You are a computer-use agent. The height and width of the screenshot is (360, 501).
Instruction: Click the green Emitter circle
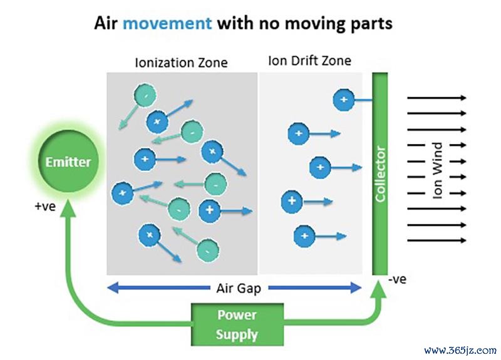[x=68, y=162]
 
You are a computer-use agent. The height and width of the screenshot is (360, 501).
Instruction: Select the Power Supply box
[x=237, y=324]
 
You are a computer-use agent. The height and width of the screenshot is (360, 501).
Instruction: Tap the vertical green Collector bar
[x=380, y=174]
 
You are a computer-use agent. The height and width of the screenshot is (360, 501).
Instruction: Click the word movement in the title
[x=167, y=23]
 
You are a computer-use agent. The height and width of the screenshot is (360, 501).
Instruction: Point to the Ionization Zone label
[x=181, y=63]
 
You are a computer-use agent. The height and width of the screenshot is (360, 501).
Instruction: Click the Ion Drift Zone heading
[x=309, y=61]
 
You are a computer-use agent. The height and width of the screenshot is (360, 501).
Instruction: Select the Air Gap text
[x=239, y=289]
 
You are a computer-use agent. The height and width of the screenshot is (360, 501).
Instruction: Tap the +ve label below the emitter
[x=45, y=207]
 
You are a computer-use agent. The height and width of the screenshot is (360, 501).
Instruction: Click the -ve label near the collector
[x=398, y=279]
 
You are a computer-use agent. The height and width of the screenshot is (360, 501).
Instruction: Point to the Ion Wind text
[x=437, y=170]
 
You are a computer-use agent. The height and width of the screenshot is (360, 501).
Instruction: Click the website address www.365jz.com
[x=460, y=351]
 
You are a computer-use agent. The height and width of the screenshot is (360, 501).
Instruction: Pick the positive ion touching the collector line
[x=344, y=100]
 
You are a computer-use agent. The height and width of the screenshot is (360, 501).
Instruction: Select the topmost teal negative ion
[x=145, y=95]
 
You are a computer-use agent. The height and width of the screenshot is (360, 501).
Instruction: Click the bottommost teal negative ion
[x=208, y=250]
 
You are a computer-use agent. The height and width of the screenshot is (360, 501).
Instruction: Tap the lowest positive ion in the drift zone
[x=304, y=236]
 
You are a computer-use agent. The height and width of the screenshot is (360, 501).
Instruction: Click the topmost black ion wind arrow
[x=436, y=98]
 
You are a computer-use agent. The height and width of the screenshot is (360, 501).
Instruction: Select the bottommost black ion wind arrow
[x=436, y=240]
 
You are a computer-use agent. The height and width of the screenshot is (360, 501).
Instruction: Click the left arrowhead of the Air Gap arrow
[x=113, y=288]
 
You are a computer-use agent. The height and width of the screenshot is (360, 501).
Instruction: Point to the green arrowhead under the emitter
[x=68, y=208]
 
